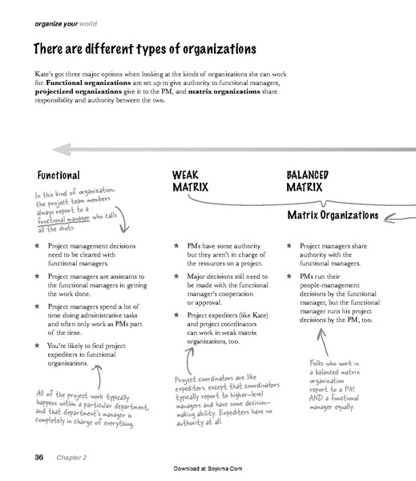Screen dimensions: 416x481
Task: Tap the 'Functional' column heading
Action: pyautogui.click(x=58, y=175)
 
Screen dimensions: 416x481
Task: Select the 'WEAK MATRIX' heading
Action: pyautogui.click(x=190, y=181)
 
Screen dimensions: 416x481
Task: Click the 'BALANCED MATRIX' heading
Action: pyautogui.click(x=305, y=181)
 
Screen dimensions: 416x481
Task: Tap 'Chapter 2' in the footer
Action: pyautogui.click(x=71, y=458)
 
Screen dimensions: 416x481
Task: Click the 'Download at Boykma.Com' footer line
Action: pyautogui.click(x=208, y=470)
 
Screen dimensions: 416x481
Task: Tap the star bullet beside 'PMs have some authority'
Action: pyautogui.click(x=175, y=247)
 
